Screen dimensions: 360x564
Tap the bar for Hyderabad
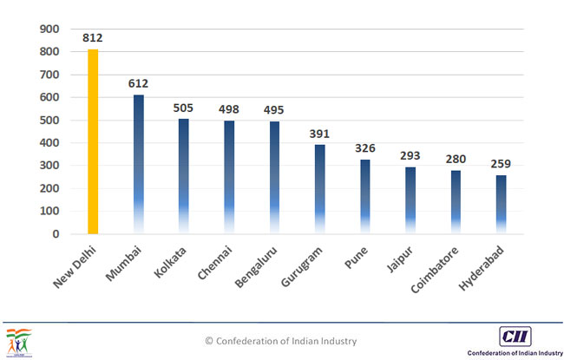[x=501, y=204]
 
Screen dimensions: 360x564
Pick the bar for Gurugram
[x=319, y=188]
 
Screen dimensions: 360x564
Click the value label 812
[x=93, y=38]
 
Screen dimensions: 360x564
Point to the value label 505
[x=183, y=108]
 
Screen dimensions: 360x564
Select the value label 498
[x=228, y=110]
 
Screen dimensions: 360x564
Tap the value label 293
[x=410, y=156]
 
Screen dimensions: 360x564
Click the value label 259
[x=501, y=164]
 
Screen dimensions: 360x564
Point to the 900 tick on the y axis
[x=50, y=29]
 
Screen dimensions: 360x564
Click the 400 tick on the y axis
[x=50, y=143]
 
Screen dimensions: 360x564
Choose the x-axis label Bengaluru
[x=260, y=268]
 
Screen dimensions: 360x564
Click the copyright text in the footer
[x=280, y=341]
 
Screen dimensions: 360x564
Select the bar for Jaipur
[x=410, y=200]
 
